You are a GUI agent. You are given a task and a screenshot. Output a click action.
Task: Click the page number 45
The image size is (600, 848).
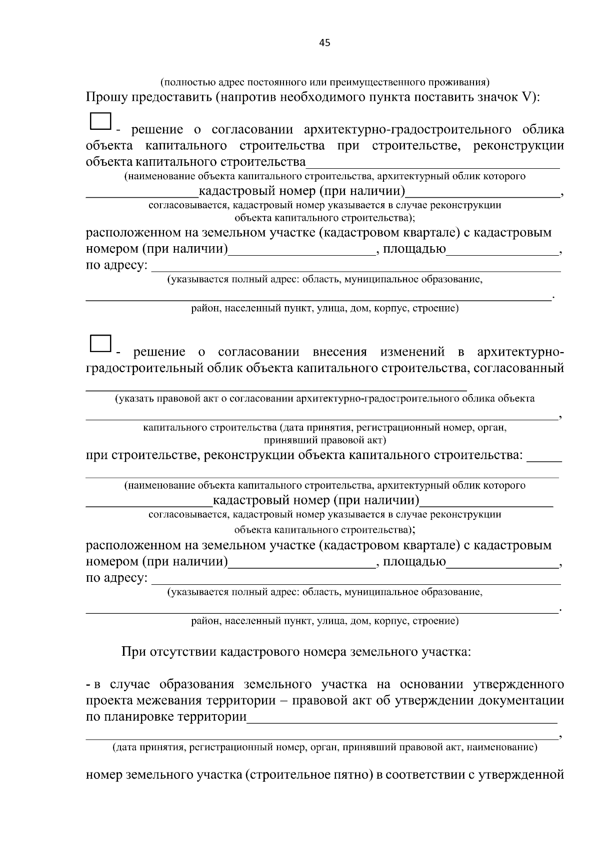coord(324,43)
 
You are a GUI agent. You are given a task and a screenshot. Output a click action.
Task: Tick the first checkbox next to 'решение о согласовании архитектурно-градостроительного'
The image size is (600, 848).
coord(100,122)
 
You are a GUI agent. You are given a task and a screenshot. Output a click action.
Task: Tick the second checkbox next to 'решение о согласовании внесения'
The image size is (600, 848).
coord(100,343)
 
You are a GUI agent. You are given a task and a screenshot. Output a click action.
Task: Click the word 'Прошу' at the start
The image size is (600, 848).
coord(106,97)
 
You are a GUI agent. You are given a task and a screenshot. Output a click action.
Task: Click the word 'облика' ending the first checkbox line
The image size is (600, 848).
coord(543,130)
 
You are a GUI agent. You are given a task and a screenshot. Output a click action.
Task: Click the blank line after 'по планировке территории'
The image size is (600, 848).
coord(402,719)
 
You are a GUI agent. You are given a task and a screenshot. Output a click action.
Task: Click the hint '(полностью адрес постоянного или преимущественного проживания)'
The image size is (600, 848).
coord(324,81)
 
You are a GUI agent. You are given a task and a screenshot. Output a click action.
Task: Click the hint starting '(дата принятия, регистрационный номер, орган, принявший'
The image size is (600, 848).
coord(324,748)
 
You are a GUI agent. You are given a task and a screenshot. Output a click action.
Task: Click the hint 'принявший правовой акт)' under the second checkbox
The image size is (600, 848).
coord(324,440)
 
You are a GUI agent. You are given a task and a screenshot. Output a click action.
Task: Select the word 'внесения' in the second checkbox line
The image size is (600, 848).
coord(339,352)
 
